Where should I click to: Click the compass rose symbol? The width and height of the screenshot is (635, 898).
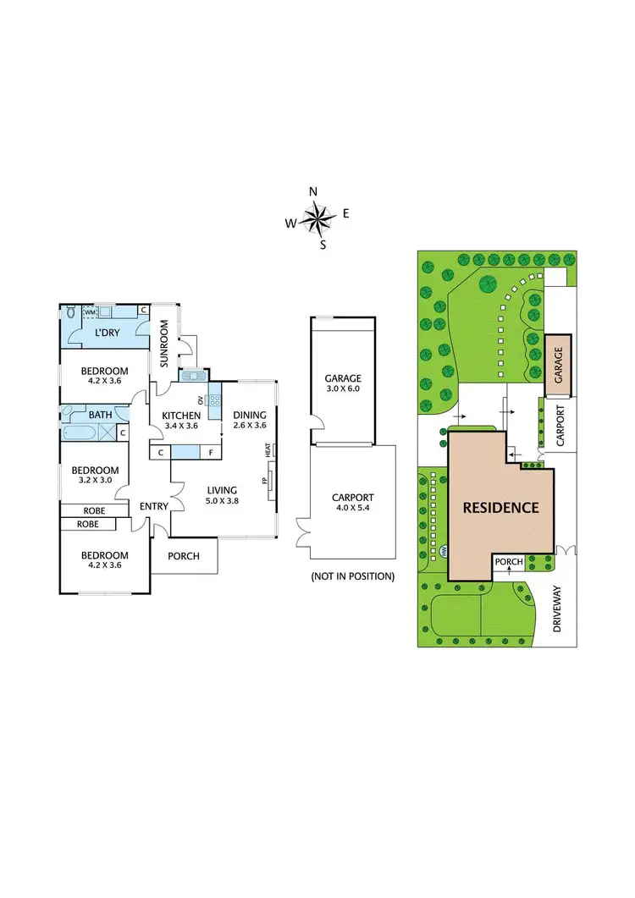pyautogui.click(x=317, y=219)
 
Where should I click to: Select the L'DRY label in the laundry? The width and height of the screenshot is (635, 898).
pyautogui.click(x=107, y=333)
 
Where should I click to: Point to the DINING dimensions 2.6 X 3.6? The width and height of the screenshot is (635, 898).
pyautogui.click(x=250, y=427)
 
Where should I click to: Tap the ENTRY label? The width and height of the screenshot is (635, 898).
pyautogui.click(x=154, y=506)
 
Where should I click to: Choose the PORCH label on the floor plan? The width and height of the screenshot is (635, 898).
pyautogui.click(x=185, y=556)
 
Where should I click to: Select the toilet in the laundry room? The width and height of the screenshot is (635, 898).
pyautogui.click(x=70, y=311)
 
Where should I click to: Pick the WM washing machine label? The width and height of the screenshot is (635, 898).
pyautogui.click(x=90, y=312)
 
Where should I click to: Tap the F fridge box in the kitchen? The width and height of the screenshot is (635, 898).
pyautogui.click(x=211, y=453)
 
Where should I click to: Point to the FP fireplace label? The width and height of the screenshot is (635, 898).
pyautogui.click(x=264, y=482)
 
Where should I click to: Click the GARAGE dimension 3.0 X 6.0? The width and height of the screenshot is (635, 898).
pyautogui.click(x=342, y=390)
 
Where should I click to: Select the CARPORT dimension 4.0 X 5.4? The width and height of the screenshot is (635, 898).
pyautogui.click(x=352, y=509)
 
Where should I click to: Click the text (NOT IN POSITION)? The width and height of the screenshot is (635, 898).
pyautogui.click(x=352, y=576)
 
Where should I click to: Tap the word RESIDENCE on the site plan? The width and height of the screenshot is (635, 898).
pyautogui.click(x=500, y=508)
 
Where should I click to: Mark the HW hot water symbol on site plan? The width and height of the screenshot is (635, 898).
pyautogui.click(x=443, y=551)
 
